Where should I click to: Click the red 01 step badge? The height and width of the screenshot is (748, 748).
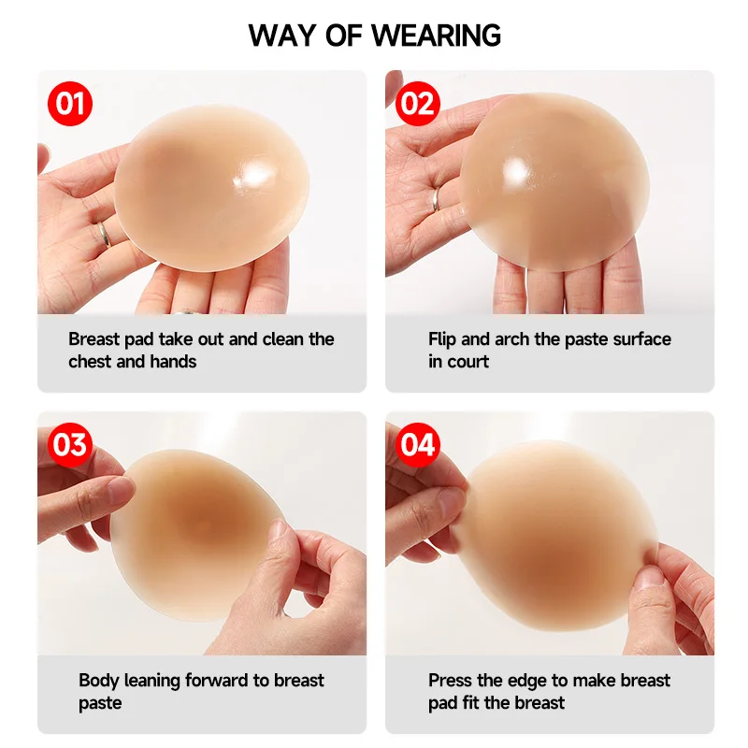click(x=71, y=103)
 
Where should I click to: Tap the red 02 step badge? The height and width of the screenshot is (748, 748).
click(x=418, y=103)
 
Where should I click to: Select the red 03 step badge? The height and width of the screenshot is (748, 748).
click(x=71, y=444)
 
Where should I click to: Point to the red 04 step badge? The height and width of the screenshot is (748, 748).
click(x=418, y=444)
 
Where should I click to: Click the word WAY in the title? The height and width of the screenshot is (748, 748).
click(x=281, y=36)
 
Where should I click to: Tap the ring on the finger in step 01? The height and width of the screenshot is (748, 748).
click(x=105, y=234)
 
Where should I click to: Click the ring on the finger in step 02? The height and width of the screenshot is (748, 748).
click(x=436, y=199)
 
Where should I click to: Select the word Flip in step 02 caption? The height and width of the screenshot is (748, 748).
click(x=444, y=338)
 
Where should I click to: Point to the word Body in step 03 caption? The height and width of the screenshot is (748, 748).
click(x=97, y=680)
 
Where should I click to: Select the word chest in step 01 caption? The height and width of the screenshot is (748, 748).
click(x=90, y=362)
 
